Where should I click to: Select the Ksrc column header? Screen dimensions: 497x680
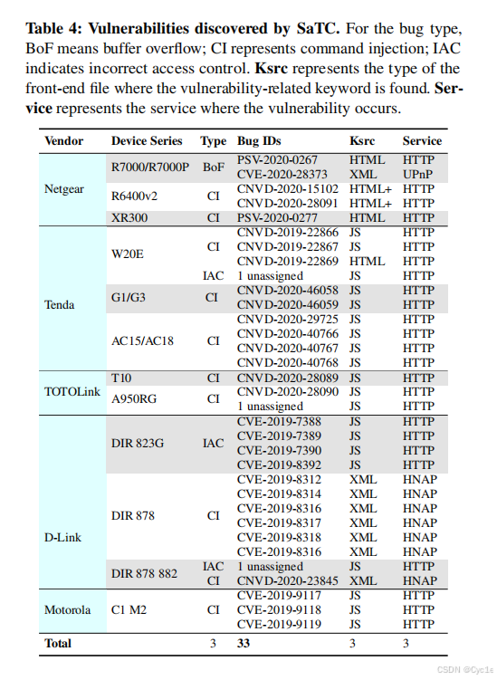pyautogui.click(x=362, y=141)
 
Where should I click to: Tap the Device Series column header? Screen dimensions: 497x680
pyautogui.click(x=147, y=141)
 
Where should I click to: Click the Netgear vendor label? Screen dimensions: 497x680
pyautogui.click(x=65, y=189)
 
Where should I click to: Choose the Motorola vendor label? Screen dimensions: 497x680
pyautogui.click(x=67, y=609)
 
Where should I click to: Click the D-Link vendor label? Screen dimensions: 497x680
pyautogui.click(x=62, y=537)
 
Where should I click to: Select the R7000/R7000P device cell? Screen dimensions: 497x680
pyautogui.click(x=150, y=167)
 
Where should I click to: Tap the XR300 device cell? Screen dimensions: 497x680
pyautogui.click(x=129, y=218)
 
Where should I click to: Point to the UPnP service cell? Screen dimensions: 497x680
pyautogui.click(x=419, y=174)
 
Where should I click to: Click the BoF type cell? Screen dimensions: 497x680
pyautogui.click(x=214, y=167)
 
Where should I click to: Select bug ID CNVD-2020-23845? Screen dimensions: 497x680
pyautogui.click(x=287, y=580)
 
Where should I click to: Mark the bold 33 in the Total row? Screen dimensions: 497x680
pyautogui.click(x=244, y=644)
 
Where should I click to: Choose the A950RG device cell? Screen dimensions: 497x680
pyautogui.click(x=134, y=398)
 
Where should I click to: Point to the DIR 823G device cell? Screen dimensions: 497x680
pyautogui.click(x=137, y=443)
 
